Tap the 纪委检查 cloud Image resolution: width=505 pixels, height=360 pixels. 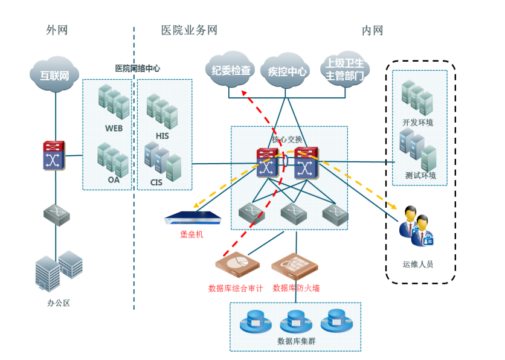[x=231, y=71]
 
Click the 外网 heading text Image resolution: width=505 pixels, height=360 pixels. [x=57, y=30]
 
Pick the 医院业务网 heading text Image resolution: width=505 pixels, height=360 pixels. [x=189, y=30]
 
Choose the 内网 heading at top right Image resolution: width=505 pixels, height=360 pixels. [x=372, y=30]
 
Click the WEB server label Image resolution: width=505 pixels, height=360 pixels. [x=114, y=129]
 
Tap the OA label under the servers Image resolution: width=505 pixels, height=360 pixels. [x=114, y=180]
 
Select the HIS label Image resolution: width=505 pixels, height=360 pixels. [x=162, y=136]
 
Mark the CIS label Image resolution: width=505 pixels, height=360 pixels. [x=158, y=181]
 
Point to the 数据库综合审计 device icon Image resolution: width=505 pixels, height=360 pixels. [x=237, y=263]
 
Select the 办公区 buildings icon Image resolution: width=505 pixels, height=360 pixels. [x=59, y=270]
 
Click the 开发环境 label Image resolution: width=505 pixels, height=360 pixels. [x=418, y=123]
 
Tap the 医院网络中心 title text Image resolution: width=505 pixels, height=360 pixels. [x=138, y=68]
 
